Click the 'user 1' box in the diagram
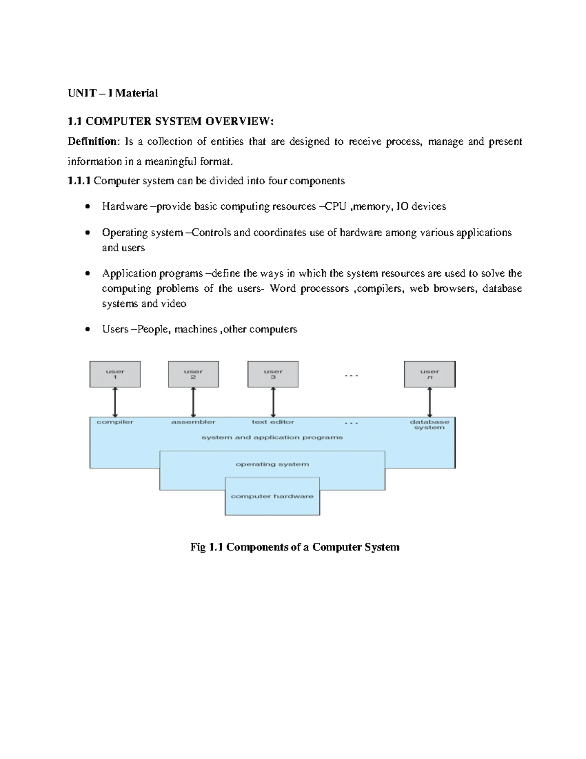click(115, 374)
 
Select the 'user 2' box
click(193, 374)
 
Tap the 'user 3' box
click(273, 374)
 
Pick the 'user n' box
click(430, 374)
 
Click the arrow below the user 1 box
click(115, 402)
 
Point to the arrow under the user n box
click(430, 402)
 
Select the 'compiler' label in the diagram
click(115, 422)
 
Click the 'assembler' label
click(193, 422)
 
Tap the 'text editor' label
click(273, 422)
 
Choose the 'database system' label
click(430, 425)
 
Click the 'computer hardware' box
click(272, 496)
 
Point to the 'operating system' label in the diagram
click(272, 464)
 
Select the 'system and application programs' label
click(272, 437)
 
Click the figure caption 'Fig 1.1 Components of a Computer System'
click(295, 547)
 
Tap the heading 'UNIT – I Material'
click(113, 93)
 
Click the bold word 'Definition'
click(92, 142)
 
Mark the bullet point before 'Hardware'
click(87, 207)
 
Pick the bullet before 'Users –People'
click(87, 329)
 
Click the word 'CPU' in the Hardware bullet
click(335, 207)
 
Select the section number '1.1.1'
click(79, 181)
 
